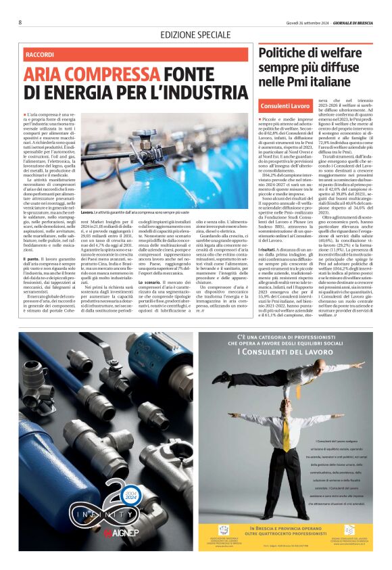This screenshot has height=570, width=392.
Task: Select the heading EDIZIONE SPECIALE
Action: click(195, 34)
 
